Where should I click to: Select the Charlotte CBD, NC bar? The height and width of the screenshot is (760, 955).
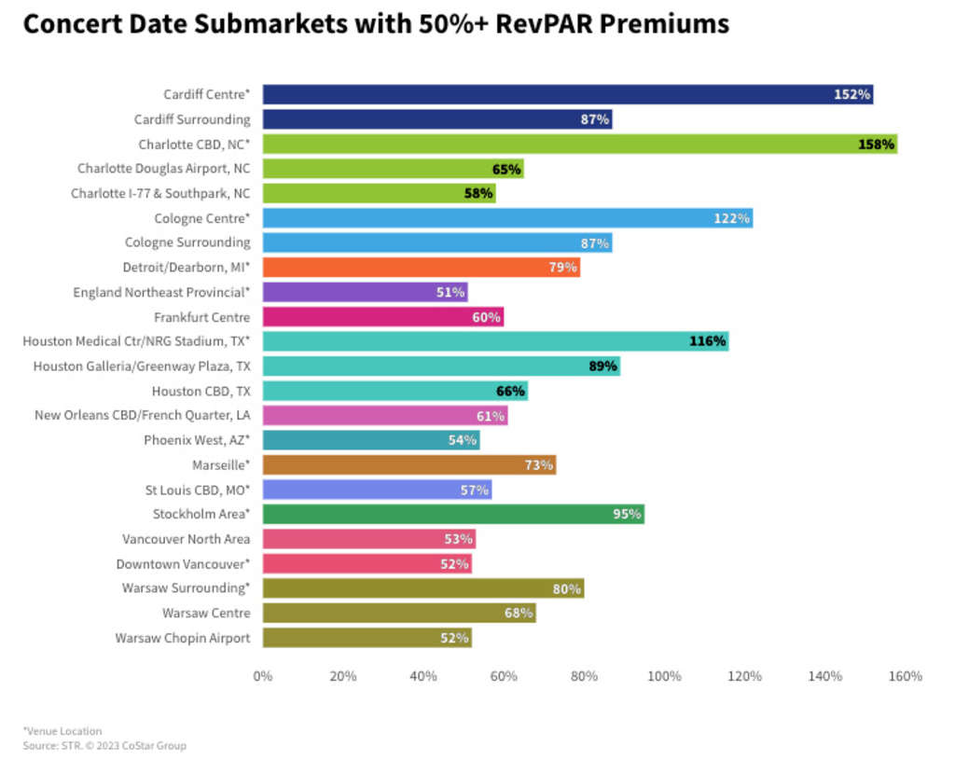tap(578, 144)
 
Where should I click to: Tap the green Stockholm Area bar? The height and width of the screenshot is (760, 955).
tap(452, 514)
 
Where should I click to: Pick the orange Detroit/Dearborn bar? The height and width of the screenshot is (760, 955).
tap(420, 268)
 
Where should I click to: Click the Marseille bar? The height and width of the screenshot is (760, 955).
tap(408, 464)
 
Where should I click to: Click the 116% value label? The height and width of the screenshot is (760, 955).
tap(708, 341)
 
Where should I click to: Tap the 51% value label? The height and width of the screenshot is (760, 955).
tap(450, 292)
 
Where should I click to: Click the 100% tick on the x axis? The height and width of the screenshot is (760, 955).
tap(664, 676)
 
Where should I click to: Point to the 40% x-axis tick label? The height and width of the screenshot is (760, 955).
tap(423, 676)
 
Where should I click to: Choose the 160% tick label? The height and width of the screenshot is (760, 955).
tap(906, 676)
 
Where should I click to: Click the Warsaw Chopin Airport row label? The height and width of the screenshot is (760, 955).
tap(183, 638)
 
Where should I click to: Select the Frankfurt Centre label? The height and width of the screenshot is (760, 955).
tap(202, 317)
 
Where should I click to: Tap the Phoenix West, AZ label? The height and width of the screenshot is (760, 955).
tap(197, 440)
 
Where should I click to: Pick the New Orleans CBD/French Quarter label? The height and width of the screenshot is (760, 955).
tap(143, 415)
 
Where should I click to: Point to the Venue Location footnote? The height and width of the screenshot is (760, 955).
tap(62, 731)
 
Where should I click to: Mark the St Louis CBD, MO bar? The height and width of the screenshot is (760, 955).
tap(377, 490)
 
